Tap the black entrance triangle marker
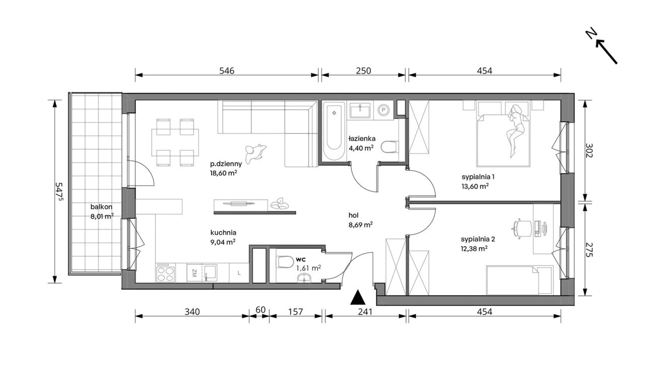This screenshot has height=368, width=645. [358, 298]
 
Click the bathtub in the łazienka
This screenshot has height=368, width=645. [334, 131]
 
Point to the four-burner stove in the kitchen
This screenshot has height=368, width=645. [165, 273]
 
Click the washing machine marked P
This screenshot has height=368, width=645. [383, 110]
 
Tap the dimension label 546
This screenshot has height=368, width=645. [227, 71]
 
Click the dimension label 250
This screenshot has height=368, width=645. [363, 71]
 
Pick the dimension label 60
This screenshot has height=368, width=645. [261, 310]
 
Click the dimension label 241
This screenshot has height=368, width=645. [365, 312]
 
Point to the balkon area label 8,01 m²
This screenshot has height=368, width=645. [102, 216]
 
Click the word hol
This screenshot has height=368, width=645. [353, 215]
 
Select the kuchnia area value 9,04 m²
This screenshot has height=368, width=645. [223, 242]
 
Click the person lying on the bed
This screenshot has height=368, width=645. [517, 130]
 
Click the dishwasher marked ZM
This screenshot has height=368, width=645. [194, 273]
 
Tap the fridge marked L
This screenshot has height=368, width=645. [239, 273]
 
